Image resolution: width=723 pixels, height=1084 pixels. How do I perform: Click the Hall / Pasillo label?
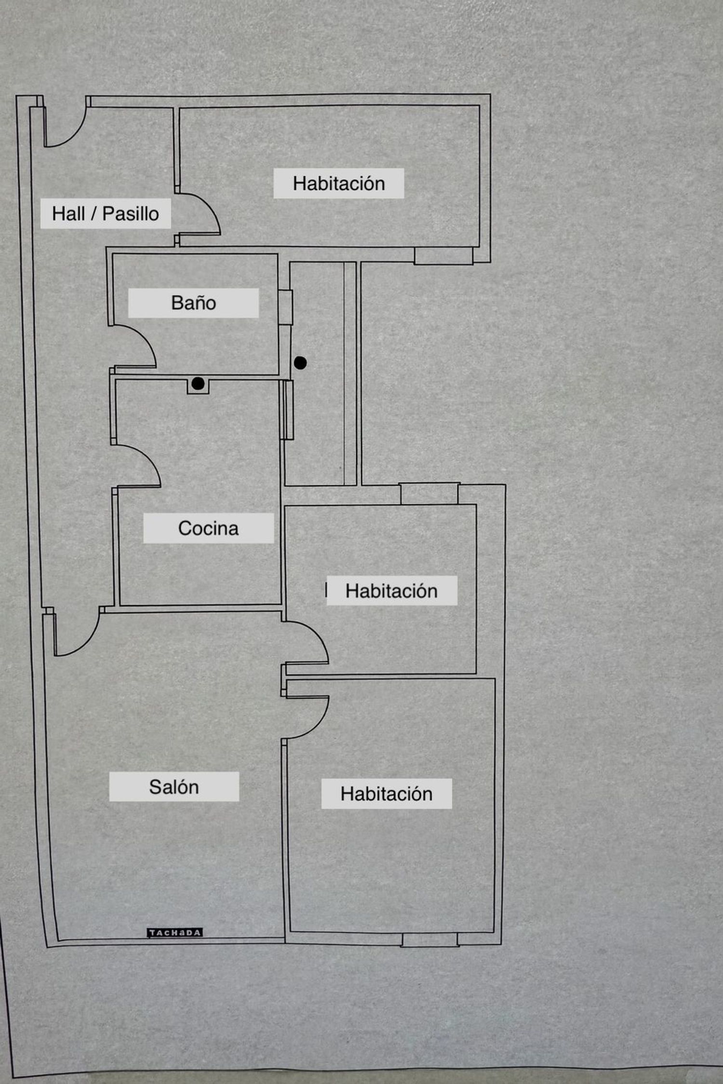coord(106,213)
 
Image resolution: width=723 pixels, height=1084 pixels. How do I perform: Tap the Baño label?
coord(193,303)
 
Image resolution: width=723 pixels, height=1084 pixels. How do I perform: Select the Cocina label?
coord(208,529)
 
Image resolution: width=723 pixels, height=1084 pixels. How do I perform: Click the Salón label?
coord(174,787)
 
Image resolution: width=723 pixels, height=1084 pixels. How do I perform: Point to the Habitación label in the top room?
coord(339,183)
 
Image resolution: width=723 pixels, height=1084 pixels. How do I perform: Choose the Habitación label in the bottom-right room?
coord(387,793)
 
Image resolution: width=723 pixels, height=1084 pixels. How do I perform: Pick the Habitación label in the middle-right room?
coord(391,591)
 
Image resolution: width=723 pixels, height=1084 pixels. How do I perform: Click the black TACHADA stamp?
coord(174,933)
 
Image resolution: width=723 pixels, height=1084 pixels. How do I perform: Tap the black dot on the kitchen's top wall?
coord(198,383)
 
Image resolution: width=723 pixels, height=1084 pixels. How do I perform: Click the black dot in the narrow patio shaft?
coord(300,363)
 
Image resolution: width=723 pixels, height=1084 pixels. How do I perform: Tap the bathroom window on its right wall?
coord(285,307)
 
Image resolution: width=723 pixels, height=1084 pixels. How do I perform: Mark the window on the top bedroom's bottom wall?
coord(443,255)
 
